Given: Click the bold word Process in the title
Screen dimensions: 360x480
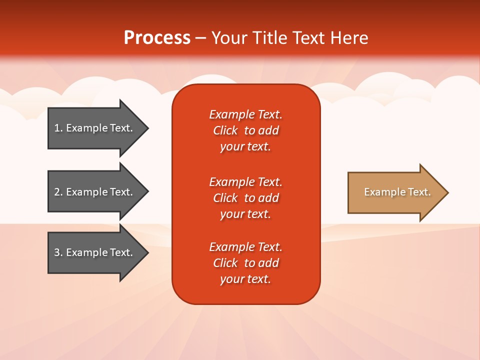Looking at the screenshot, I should (157, 38).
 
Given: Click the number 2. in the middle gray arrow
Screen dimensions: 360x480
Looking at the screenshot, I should (58, 192).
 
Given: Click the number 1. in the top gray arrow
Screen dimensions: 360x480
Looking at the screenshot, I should (58, 128).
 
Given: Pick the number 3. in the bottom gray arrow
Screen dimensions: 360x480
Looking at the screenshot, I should (58, 252).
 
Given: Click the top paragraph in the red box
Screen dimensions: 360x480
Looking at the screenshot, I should (245, 130).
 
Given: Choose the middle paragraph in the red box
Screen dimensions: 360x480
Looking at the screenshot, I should (245, 198).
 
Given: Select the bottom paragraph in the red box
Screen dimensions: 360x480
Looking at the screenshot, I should (245, 263).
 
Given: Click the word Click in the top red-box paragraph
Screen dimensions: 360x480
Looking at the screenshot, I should (225, 130).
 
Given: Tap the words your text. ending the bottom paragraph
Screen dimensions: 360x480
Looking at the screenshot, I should (245, 279).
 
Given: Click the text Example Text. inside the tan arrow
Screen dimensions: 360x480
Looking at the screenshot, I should (397, 192).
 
